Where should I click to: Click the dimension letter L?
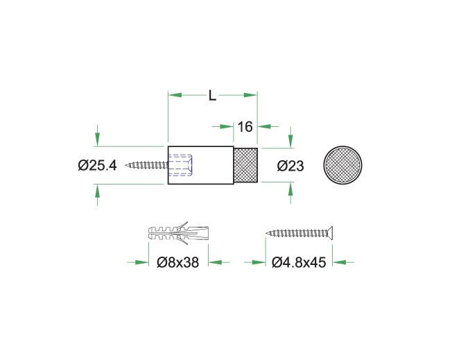[x=212, y=95]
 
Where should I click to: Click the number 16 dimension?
[x=245, y=127]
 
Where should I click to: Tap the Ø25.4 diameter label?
[x=97, y=166]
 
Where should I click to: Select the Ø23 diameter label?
[x=290, y=166]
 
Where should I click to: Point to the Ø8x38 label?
[x=178, y=262]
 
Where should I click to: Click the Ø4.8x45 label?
[x=299, y=262]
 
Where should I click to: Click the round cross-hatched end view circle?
[x=342, y=165]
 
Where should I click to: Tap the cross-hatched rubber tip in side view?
[x=246, y=165]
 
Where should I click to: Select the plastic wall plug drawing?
[x=179, y=232]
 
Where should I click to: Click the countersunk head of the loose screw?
[x=330, y=233]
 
